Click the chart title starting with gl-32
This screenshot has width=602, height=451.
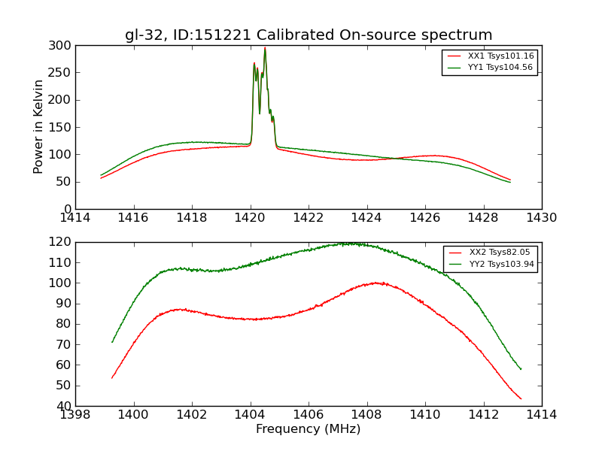pyautogui.click(x=309, y=35)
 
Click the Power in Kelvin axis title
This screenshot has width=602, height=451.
pyautogui.click(x=39, y=127)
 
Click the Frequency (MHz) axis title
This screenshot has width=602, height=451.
pyautogui.click(x=309, y=429)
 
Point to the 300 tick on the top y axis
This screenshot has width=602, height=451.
pyautogui.click(x=62, y=46)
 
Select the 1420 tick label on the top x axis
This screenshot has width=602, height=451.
pyautogui.click(x=251, y=218)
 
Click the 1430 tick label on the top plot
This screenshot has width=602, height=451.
pyautogui.click(x=541, y=218)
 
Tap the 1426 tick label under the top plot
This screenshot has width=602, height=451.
pyautogui.click(x=425, y=218)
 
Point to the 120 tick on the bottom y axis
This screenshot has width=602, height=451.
pyautogui.click(x=62, y=242)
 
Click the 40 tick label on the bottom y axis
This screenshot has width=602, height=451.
pyautogui.click(x=65, y=406)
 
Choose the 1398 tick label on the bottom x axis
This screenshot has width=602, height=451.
pyautogui.click(x=76, y=414)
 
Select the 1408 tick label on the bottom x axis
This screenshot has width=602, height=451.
pyautogui.click(x=366, y=414)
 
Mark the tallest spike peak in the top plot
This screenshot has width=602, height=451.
pyautogui.click(x=265, y=48)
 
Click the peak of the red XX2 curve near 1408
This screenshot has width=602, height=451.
pyautogui.click(x=375, y=283)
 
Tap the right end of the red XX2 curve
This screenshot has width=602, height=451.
pyautogui.click(x=521, y=398)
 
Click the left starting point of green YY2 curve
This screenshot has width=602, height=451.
pyautogui.click(x=112, y=342)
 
